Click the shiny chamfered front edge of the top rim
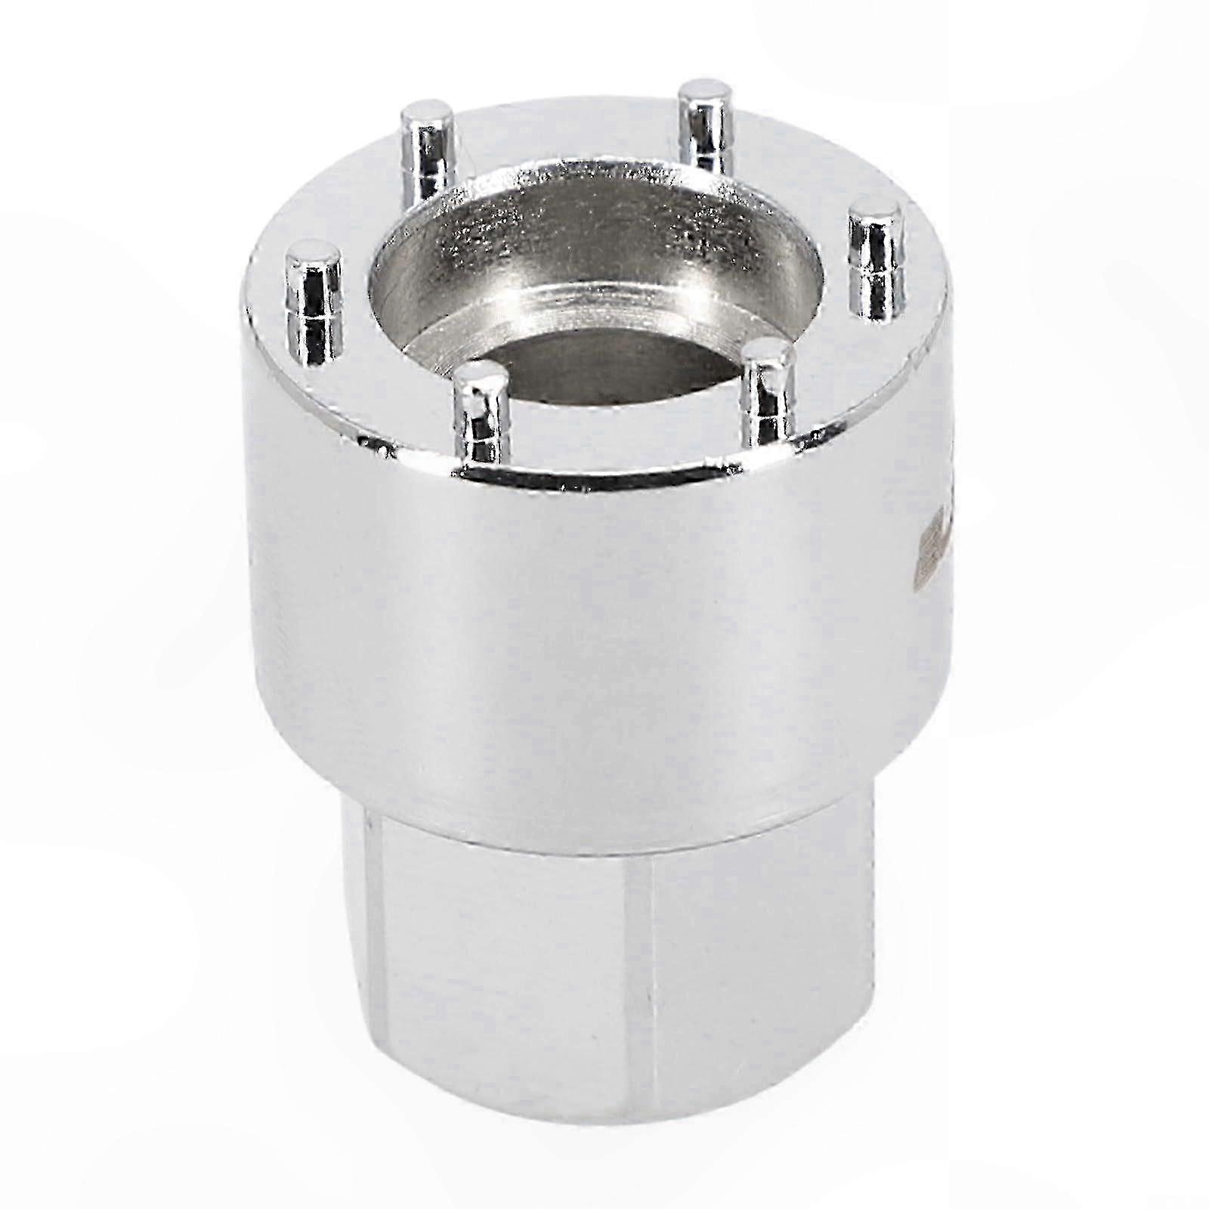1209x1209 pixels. coord(604,472)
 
